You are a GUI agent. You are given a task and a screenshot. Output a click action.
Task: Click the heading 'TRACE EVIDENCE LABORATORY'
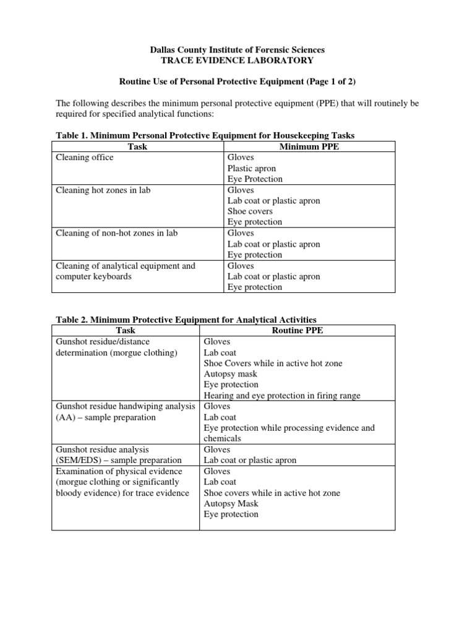click(237, 60)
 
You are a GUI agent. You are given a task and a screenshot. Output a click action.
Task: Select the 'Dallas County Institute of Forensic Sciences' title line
click(237, 49)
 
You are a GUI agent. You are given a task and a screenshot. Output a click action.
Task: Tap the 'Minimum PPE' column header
click(309, 147)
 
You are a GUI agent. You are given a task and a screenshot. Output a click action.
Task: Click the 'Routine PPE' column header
click(297, 331)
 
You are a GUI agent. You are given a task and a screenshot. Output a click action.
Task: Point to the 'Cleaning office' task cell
click(85, 158)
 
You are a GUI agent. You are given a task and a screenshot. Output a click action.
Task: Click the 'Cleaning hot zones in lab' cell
click(103, 190)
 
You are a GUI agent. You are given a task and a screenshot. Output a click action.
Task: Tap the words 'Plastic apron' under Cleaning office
click(252, 168)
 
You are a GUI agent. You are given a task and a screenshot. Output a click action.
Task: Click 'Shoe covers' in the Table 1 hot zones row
click(250, 211)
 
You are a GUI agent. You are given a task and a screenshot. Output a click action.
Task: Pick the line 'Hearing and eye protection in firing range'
click(291, 396)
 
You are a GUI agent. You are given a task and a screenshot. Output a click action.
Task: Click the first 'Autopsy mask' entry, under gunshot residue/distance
click(231, 374)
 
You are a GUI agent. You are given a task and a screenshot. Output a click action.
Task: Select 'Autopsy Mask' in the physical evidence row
click(231, 504)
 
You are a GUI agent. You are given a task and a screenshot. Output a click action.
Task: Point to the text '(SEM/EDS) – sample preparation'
click(119, 461)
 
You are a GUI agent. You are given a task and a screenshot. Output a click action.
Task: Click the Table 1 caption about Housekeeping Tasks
click(205, 135)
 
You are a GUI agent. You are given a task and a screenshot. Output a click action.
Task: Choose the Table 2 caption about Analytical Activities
click(186, 320)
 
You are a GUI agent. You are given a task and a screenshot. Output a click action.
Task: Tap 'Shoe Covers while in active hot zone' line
click(273, 363)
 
